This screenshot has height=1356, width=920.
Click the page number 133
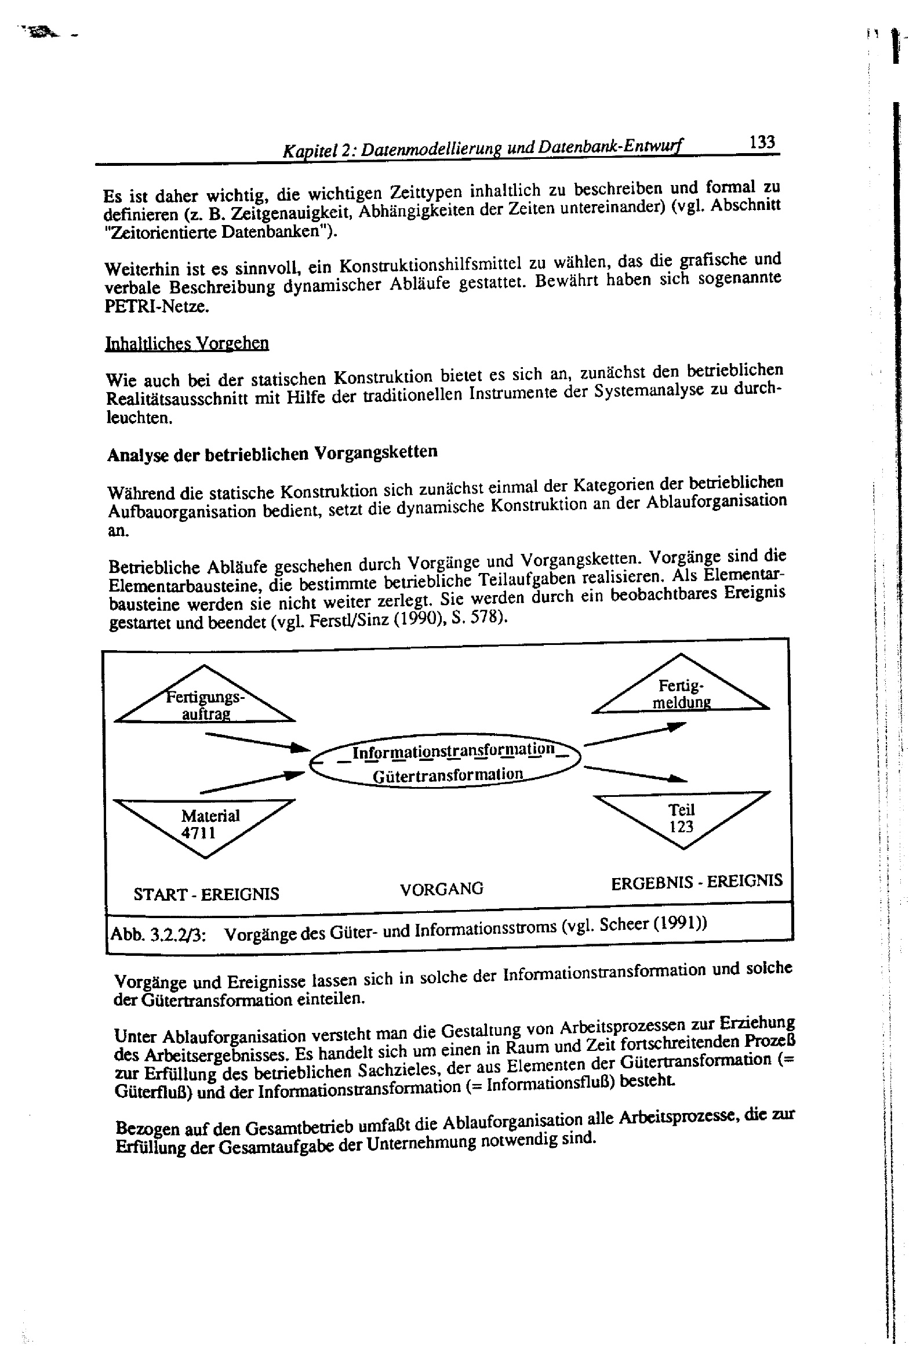pyautogui.click(x=762, y=142)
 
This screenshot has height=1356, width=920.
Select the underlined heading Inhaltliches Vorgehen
pyautogui.click(x=187, y=343)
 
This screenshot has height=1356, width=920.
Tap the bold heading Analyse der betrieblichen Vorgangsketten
pyautogui.click(x=272, y=453)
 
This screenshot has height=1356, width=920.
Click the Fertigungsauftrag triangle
pyautogui.click(x=205, y=700)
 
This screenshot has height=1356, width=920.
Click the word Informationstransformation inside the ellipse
pyautogui.click(x=453, y=750)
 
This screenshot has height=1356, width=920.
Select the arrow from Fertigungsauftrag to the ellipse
pyautogui.click(x=257, y=742)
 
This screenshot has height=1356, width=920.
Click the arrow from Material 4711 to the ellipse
pyautogui.click(x=252, y=783)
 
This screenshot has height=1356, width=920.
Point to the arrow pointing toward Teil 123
pyautogui.click(x=635, y=774)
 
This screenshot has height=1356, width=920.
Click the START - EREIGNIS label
pyautogui.click(x=206, y=894)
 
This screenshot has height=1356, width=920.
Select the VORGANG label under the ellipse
pyautogui.click(x=442, y=889)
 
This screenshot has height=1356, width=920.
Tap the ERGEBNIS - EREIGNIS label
pyautogui.click(x=696, y=882)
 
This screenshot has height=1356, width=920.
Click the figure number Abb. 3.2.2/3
pyautogui.click(x=157, y=935)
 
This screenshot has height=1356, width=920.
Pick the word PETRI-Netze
pyautogui.click(x=157, y=306)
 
